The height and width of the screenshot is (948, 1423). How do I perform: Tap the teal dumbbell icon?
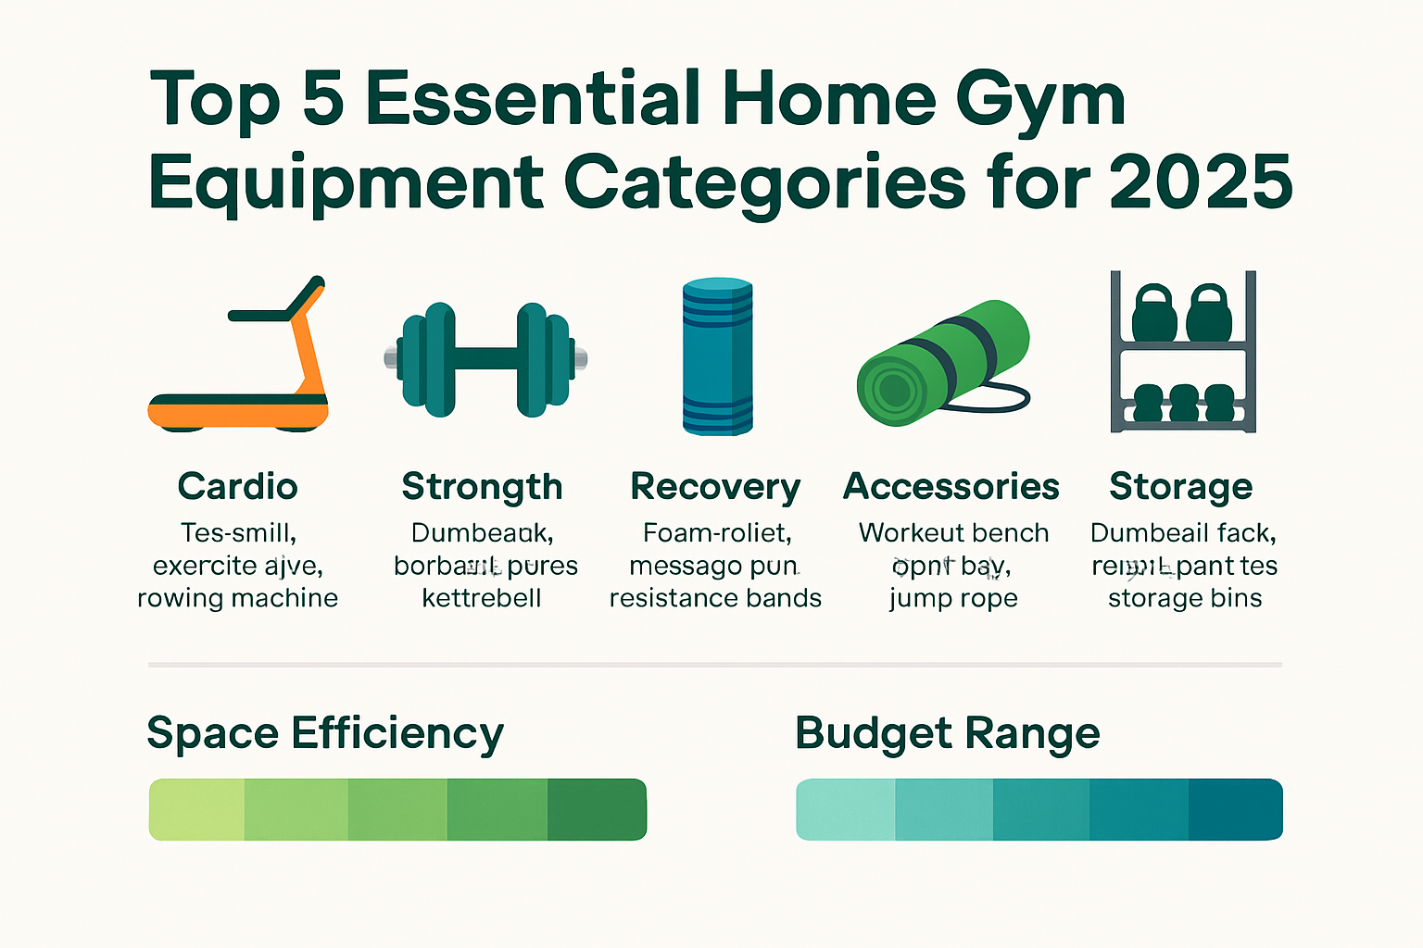485,358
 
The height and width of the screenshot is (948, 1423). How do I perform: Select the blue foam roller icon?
717,356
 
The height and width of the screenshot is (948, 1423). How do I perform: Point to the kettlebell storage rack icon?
1183,352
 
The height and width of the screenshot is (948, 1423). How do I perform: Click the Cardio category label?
238,486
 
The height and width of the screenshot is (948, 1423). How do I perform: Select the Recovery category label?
715,487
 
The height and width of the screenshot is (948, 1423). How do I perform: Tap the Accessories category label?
951,486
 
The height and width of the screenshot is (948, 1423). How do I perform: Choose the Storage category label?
1181,486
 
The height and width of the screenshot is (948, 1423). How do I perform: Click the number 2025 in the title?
1201,181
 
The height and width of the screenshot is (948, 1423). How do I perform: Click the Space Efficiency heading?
325,733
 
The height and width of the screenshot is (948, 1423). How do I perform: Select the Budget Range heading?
947,733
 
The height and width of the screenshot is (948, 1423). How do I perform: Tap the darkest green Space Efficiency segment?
597,809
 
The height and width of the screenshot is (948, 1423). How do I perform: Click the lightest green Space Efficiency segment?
197,809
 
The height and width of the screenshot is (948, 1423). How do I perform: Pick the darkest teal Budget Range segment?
1235,809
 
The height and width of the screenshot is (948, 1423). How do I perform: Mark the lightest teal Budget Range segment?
846,809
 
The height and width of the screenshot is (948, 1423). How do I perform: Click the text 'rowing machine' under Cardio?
238,598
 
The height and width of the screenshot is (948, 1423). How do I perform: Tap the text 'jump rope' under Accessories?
953,599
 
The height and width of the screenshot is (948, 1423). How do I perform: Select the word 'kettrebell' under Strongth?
482,598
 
